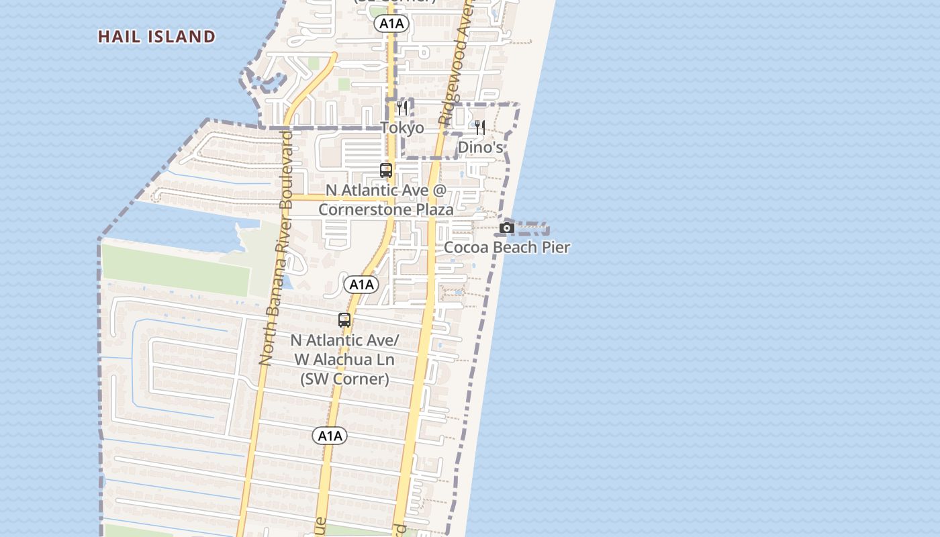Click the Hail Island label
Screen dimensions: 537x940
coord(156,36)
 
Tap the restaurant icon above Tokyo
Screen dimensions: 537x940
coord(402,107)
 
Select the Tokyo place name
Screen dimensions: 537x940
coord(402,128)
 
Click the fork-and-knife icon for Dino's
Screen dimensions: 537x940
coord(479,127)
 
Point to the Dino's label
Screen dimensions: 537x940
coord(480,146)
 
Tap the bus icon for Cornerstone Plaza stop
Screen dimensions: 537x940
coord(386,170)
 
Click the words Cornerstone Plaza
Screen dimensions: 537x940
coord(385,209)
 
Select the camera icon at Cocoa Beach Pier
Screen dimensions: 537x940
coord(507,228)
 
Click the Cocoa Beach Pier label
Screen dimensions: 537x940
coord(507,247)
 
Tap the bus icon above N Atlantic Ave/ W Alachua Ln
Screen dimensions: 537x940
coord(344,320)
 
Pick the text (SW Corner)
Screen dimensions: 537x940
coord(344,379)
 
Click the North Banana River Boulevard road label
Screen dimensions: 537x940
coord(277,248)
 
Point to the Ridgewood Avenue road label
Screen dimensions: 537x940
coord(455,64)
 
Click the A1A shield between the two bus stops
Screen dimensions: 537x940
coord(361,285)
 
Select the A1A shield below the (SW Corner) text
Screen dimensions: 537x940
coord(330,436)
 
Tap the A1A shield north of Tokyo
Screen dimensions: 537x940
coord(391,24)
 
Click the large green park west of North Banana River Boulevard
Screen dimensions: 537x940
coord(176,270)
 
